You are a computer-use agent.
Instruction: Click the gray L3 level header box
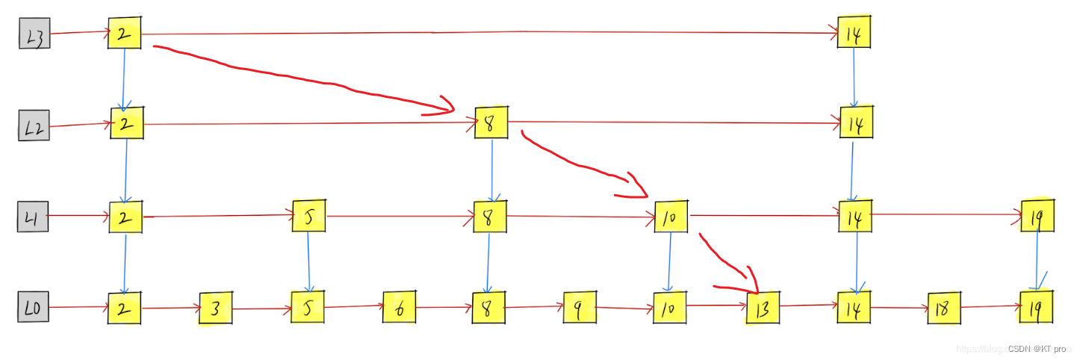pos(34,34)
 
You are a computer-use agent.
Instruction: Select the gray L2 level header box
pos(34,125)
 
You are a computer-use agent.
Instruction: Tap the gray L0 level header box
pos(34,307)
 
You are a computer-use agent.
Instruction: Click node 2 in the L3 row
pos(124,34)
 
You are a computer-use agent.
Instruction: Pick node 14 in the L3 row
pos(854,33)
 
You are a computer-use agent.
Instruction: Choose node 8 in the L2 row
pos(491,123)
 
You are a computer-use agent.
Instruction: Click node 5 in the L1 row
pos(308,217)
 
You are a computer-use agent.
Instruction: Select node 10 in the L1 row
pos(671,217)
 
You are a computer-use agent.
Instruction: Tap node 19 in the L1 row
pos(1037,217)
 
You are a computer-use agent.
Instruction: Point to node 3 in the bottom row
pos(216,308)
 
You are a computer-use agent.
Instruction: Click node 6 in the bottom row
pos(400,307)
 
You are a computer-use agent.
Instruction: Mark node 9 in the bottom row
pos(580,307)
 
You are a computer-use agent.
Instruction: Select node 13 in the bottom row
pos(763,308)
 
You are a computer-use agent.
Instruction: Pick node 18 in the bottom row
pos(943,307)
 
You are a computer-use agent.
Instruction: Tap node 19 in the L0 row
pos(1037,306)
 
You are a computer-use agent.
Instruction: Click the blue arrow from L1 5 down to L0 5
pos(308,261)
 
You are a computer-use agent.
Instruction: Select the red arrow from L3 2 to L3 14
pos(485,33)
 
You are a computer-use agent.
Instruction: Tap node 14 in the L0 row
pos(854,308)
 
